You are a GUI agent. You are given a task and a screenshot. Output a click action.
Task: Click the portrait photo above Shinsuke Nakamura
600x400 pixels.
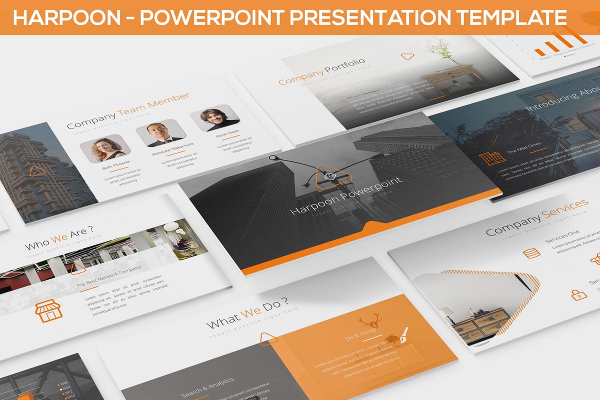(161, 132)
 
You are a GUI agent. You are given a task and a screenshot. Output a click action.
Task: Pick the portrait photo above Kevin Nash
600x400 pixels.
(214, 117)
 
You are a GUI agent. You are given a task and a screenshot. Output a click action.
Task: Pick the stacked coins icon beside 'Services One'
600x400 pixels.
(531, 253)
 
